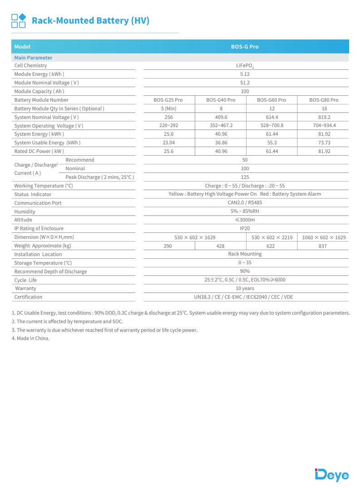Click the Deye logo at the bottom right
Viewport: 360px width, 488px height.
(x=332, y=474)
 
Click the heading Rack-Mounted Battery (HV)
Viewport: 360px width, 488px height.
(x=90, y=20)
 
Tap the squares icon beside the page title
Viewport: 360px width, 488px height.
(x=19, y=20)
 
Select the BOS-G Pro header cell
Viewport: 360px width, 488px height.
(x=245, y=47)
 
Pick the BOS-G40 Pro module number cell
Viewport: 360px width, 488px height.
(x=221, y=100)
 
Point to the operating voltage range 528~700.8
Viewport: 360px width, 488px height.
(x=271, y=126)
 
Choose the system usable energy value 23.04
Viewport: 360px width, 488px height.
(x=169, y=143)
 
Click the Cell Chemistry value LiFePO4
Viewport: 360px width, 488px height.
(x=245, y=66)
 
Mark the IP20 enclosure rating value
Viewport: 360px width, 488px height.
(x=245, y=229)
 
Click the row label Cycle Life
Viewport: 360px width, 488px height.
(x=25, y=280)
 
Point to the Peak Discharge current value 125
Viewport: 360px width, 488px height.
(x=245, y=177)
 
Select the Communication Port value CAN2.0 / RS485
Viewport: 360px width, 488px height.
(x=245, y=203)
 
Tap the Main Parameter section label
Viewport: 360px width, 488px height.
(x=33, y=58)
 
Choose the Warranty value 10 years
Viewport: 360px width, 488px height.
(x=245, y=289)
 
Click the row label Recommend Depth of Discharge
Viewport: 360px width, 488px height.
(x=50, y=271)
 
